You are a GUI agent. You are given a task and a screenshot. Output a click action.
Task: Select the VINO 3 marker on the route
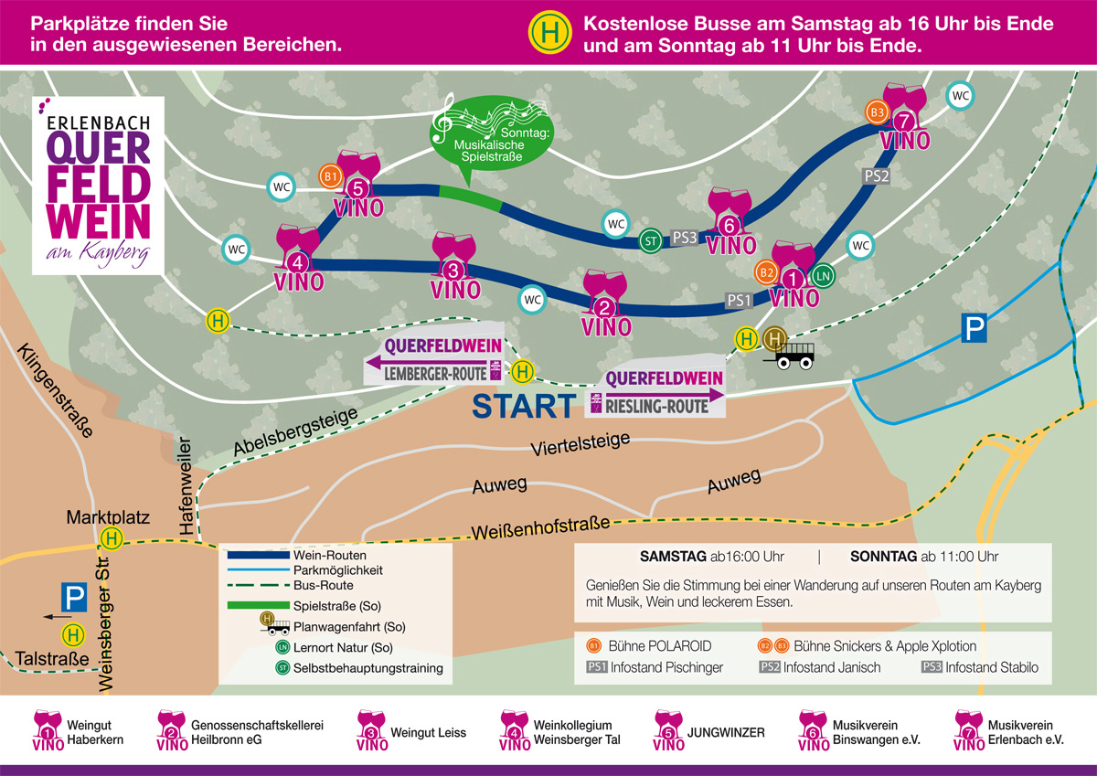point(454,266)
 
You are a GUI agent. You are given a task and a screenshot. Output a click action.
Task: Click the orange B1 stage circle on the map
point(330,175)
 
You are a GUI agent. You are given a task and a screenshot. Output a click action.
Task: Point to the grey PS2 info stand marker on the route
point(876,175)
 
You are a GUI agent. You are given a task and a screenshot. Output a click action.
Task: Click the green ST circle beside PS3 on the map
point(652,239)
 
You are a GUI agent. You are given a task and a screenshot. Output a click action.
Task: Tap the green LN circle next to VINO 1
point(823,274)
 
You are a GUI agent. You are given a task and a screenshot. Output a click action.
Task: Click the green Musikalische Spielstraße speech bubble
point(491,137)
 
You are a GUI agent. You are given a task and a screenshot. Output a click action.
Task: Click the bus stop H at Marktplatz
point(113,540)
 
